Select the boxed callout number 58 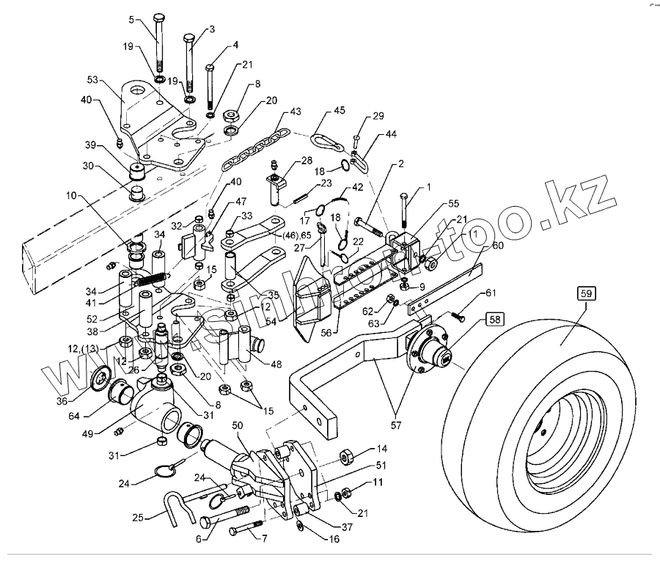[x=494, y=320]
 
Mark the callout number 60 [x=498, y=247]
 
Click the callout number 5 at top [x=132, y=20]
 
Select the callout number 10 [x=70, y=196]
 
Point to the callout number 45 [x=339, y=111]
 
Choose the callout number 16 [x=334, y=539]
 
